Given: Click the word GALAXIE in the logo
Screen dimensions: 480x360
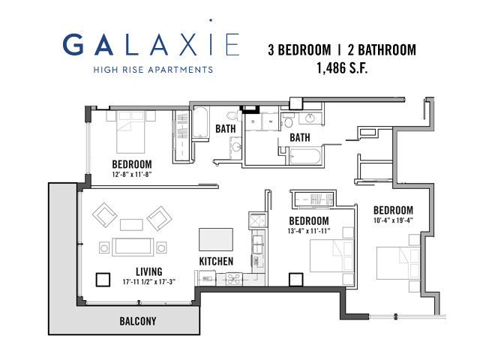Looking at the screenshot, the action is point(151,43).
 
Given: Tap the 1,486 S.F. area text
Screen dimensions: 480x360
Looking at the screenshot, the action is point(342,68).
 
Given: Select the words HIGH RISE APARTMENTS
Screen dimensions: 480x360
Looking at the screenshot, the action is point(153,70).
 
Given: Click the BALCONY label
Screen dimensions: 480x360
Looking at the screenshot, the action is point(138,321).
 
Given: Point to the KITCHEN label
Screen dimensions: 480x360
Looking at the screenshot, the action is point(216,261).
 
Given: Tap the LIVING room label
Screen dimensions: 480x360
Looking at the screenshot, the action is point(149,271).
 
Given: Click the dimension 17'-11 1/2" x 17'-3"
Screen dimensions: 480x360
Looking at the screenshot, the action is point(149,282).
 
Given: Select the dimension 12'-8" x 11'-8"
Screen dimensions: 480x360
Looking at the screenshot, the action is point(132,175).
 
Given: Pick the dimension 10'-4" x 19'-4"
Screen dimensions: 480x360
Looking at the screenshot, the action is point(393,220).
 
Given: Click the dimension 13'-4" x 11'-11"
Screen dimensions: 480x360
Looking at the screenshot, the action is point(309,231).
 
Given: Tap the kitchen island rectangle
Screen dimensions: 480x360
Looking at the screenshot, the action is point(216,239).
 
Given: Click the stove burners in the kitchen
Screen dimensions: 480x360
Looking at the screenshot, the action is point(234,278).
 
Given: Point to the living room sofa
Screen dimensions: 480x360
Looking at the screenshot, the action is point(133,247).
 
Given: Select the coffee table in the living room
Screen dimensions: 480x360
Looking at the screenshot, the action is point(131,225).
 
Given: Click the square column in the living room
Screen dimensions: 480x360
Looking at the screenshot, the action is point(103,280).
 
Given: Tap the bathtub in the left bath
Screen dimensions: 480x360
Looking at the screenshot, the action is point(200,122).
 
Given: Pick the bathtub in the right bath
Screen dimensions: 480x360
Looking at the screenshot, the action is point(305,156).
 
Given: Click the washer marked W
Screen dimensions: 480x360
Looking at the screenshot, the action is point(271,121).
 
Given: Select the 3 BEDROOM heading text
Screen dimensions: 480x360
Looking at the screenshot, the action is point(299,50).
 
